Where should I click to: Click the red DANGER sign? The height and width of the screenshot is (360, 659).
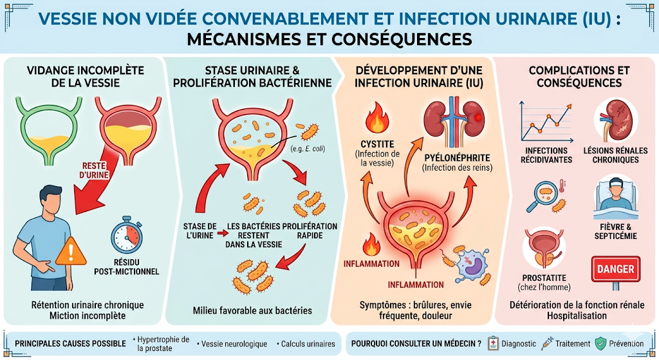[x=617, y=269]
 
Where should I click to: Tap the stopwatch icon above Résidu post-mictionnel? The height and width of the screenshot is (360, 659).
[x=126, y=236]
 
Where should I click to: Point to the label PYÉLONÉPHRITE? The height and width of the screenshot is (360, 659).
[x=457, y=157]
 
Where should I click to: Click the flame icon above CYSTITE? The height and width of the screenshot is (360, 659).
[x=375, y=120]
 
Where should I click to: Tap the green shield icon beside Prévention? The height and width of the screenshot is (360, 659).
[x=600, y=343]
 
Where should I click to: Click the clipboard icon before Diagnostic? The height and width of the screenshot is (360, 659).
[x=494, y=343]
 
